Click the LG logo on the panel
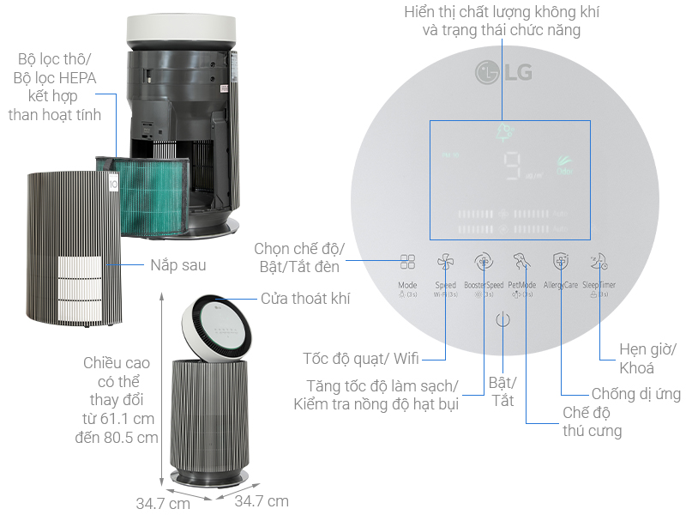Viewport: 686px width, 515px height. (x=503, y=71)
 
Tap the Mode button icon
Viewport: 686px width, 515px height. (x=407, y=263)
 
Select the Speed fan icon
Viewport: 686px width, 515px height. (x=445, y=263)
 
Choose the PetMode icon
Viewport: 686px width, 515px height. (x=521, y=262)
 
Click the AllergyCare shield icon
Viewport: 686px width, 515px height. (x=560, y=262)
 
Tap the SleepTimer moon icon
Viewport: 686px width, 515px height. (x=599, y=262)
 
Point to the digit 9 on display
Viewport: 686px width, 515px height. (x=514, y=167)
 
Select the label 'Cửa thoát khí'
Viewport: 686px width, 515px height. (x=305, y=299)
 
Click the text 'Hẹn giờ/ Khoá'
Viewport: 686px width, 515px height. (x=648, y=360)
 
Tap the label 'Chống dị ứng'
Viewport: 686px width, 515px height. (x=636, y=394)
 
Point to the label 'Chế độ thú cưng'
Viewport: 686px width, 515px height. (x=592, y=421)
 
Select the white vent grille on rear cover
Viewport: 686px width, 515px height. (x=81, y=288)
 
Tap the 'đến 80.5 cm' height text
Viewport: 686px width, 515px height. (x=117, y=437)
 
